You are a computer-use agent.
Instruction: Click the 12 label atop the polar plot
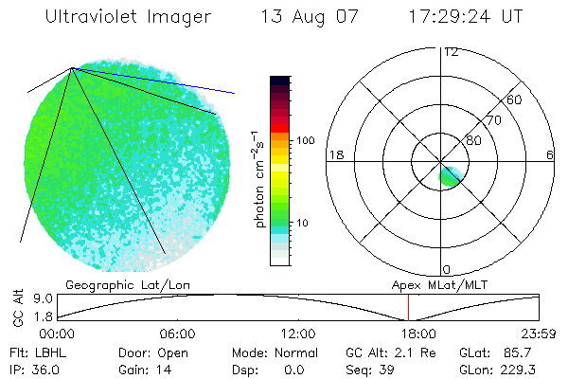451,51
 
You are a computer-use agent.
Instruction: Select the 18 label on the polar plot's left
334,154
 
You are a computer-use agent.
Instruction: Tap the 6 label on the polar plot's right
550,154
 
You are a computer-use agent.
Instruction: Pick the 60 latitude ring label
514,99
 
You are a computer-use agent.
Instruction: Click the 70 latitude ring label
492,120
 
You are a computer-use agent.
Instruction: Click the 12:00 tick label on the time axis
298,334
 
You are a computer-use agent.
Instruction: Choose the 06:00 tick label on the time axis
177,334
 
